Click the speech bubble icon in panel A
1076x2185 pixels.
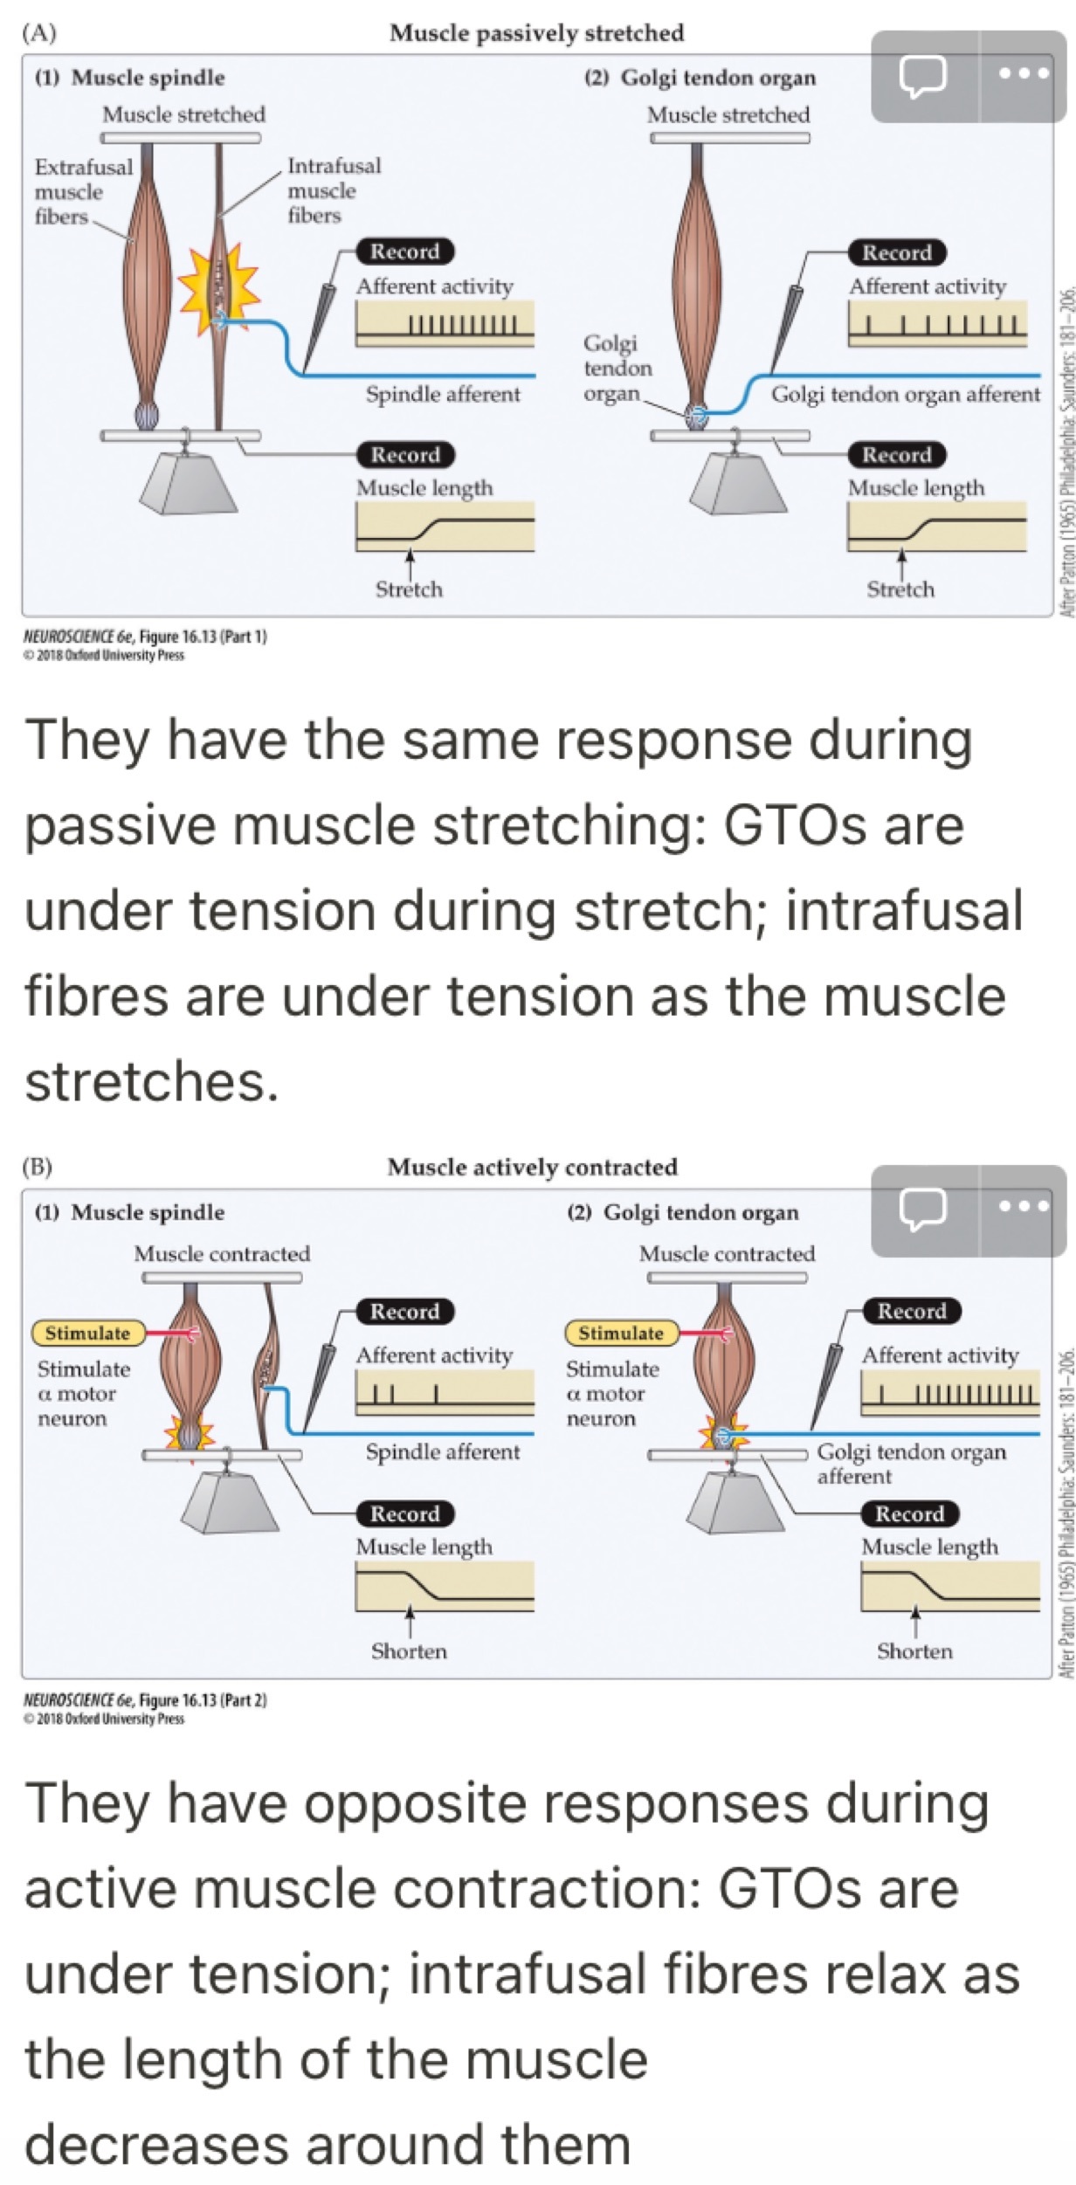point(922,76)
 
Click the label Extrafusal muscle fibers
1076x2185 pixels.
point(82,191)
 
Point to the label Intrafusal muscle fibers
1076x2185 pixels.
point(333,190)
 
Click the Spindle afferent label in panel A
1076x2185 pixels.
point(443,395)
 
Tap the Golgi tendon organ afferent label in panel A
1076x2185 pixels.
point(905,395)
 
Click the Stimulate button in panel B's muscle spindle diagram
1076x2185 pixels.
point(86,1333)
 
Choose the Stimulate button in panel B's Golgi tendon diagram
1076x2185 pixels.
point(621,1333)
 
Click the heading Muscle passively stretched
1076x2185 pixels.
point(536,33)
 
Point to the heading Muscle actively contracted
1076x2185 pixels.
point(532,1167)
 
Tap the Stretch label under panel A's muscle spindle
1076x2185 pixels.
point(409,589)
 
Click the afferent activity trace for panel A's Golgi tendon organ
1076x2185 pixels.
point(936,325)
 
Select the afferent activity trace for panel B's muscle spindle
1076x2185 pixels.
point(445,1393)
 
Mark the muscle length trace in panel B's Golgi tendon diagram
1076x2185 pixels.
point(950,1586)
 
